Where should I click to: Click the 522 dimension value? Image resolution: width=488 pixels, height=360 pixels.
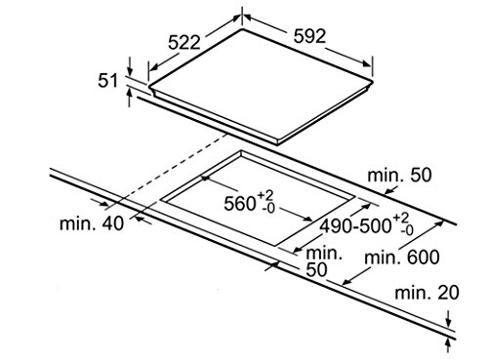pos(184,42)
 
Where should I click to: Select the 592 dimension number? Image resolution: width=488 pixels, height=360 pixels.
pos(309,36)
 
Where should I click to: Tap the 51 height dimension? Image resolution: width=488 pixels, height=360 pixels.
pos(107,80)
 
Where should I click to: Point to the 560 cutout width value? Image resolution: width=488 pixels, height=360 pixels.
pos(240,204)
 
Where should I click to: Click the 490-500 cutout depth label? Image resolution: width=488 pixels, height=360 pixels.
pos(355,225)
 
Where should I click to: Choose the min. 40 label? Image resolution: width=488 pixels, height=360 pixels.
pos(92,223)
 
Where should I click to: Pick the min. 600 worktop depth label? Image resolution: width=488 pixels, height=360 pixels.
pos(402,258)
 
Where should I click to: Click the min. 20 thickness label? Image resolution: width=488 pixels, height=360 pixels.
pos(427,293)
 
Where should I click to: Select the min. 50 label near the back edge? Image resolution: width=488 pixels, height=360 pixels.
pos(399,175)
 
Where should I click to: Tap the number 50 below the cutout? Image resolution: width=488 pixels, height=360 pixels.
pos(316,269)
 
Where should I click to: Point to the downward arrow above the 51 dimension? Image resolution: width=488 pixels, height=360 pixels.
pos(130,66)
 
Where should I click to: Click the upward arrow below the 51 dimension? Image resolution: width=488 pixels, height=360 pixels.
pos(130,98)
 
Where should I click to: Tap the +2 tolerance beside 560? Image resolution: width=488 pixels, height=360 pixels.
pos(265,196)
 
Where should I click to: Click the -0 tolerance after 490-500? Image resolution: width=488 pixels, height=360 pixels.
pos(407,230)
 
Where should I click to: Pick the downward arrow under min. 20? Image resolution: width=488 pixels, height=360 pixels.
pos(449,319)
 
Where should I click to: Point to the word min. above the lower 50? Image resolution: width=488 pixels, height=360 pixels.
pos(324,253)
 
